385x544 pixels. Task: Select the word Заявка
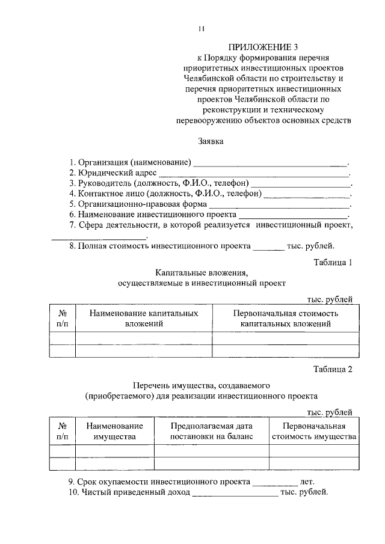(211, 142)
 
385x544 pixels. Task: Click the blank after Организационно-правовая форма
(282, 204)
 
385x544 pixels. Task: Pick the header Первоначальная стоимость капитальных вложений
(286, 319)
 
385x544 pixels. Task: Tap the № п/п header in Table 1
(63, 319)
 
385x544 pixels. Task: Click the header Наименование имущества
(115, 431)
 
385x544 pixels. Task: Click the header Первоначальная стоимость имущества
(314, 431)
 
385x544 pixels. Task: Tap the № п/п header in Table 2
(63, 431)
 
